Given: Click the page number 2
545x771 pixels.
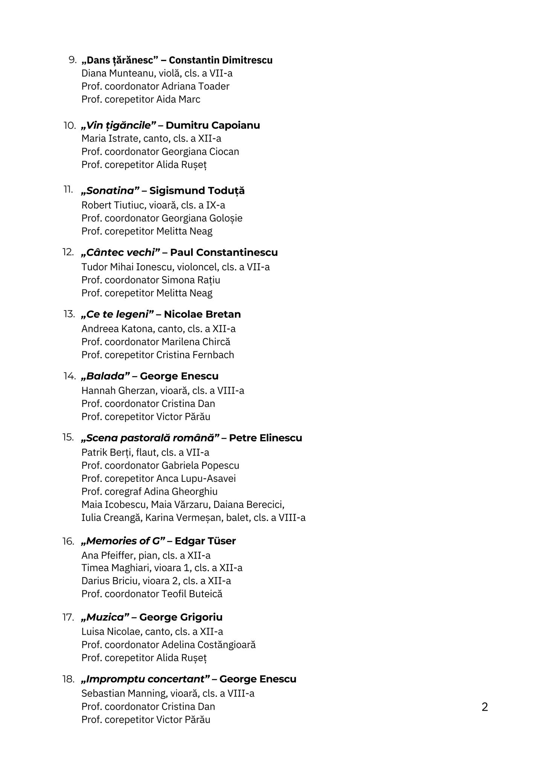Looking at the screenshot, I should click(x=484, y=707).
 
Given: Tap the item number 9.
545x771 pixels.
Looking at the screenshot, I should click(x=72, y=60).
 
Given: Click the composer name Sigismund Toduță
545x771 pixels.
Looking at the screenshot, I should click(x=197, y=191).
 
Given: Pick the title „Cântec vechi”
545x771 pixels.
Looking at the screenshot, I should click(x=121, y=253).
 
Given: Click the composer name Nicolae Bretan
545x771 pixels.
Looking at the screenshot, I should click(x=202, y=314).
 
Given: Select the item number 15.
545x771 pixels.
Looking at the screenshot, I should click(x=68, y=437).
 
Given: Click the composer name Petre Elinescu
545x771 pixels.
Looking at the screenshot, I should click(x=265, y=438).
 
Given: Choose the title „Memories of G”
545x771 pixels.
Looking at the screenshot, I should click(x=123, y=541).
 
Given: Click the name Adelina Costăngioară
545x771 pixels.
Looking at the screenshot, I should click(x=209, y=645).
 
